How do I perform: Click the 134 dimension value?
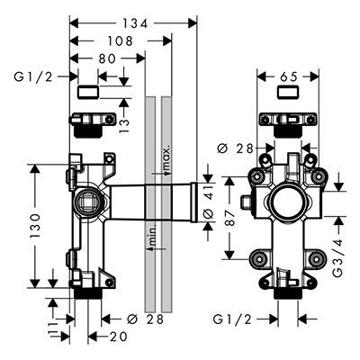coord(135,23)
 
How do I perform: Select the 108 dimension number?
coord(120,41)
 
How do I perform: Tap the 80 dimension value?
coord(106,58)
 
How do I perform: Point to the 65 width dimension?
coord(288,76)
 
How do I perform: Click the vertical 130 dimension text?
coord(35,226)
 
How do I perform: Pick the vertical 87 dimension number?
coord(230,218)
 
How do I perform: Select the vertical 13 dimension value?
coord(123,122)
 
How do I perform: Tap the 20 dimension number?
coord(118,337)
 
